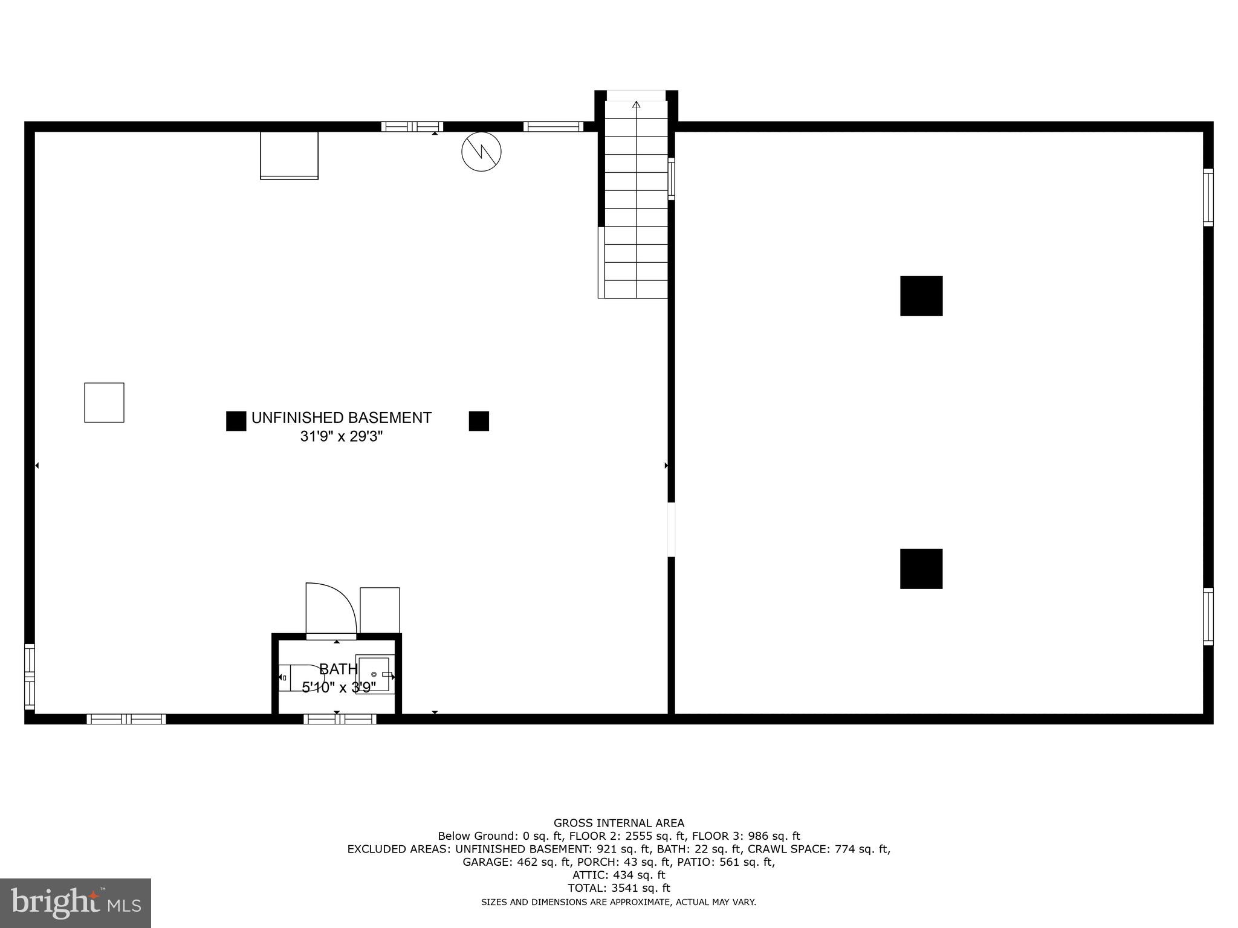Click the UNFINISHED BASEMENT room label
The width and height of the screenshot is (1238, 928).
341,417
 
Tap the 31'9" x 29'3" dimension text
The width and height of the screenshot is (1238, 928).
341,436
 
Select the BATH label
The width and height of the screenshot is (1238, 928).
338,669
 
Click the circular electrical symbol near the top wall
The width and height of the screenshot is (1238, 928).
481,151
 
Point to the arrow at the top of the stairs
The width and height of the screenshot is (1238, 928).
636,105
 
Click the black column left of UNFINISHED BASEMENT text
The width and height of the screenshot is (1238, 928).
236,421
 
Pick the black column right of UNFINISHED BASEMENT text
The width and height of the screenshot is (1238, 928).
479,421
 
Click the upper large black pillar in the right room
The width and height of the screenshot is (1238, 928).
921,296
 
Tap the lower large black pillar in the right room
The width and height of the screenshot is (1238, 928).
921,569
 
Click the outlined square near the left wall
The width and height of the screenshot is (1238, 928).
104,402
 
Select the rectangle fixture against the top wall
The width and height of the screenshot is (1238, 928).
289,155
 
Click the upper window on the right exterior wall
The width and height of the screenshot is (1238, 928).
1208,198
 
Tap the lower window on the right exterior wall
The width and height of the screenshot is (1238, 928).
1208,616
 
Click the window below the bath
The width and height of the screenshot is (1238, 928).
340,719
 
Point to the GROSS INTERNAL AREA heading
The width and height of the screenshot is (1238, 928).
619,823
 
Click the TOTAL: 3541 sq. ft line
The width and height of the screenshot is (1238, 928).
619,888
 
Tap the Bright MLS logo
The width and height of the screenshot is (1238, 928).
76,903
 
